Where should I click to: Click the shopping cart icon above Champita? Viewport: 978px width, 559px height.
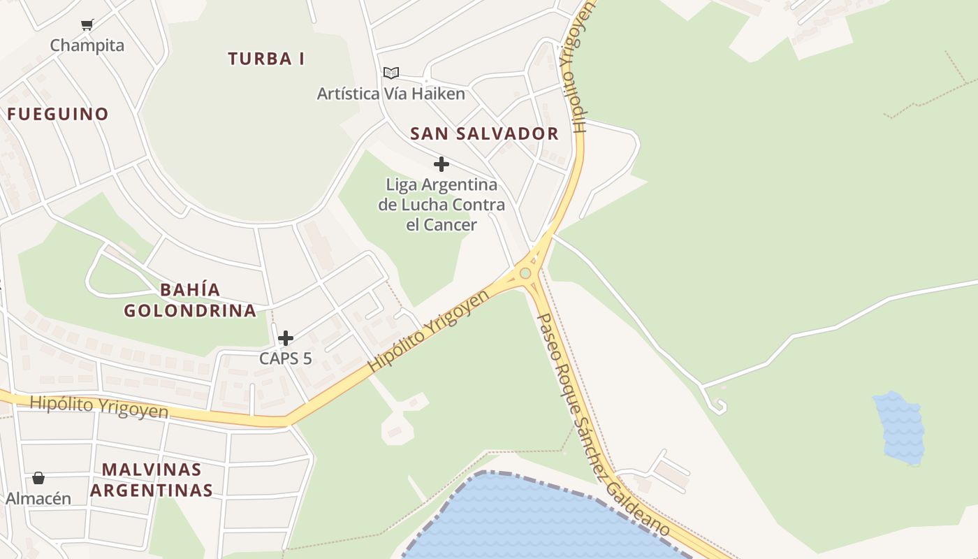87,25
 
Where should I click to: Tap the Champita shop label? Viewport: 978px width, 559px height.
87,45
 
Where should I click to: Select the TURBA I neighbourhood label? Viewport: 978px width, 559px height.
266,59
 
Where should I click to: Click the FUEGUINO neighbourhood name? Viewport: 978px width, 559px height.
58,114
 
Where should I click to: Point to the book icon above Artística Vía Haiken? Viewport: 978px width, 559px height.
391,73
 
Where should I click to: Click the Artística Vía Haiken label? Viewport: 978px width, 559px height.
391,94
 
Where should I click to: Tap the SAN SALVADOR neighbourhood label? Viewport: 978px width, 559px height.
484,133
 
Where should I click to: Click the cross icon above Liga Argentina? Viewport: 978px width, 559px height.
441,164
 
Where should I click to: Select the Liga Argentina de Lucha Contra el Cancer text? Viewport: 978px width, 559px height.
441,205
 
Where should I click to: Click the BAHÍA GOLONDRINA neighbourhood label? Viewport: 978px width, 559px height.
191,300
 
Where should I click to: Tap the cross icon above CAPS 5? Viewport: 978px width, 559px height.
286,339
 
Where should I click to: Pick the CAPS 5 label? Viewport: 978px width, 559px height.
286,358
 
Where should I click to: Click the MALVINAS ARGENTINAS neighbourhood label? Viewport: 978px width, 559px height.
152,479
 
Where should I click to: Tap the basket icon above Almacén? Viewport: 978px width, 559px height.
38,478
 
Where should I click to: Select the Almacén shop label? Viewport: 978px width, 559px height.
38,498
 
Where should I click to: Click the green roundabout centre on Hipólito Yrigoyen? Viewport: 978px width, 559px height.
525,273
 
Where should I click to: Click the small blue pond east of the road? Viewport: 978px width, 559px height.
900,428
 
